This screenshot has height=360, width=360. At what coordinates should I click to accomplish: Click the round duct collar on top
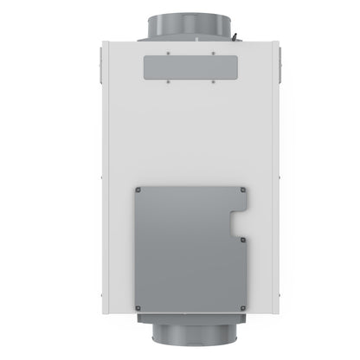tap(179, 19)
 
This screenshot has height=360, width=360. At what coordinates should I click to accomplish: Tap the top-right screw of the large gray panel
tap(244, 190)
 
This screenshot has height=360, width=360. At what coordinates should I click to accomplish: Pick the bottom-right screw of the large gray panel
tap(244, 305)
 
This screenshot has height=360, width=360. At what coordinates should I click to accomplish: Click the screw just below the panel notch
tap(244, 240)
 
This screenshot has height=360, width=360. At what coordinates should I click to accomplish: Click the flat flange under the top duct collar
tap(179, 38)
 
